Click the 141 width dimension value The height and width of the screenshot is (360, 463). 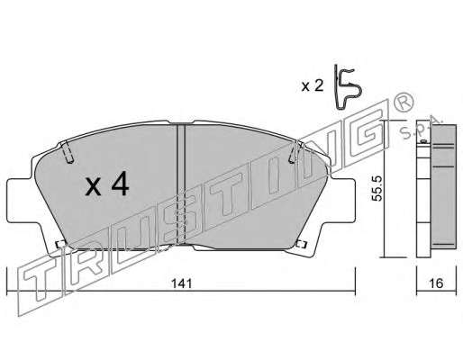click(x=181, y=283)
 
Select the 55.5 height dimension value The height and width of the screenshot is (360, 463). click(x=377, y=188)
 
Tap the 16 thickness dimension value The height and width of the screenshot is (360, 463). click(x=437, y=283)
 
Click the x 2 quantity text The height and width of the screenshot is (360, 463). click(x=313, y=86)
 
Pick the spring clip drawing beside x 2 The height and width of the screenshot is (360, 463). click(x=348, y=87)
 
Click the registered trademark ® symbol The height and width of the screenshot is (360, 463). click(x=404, y=101)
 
